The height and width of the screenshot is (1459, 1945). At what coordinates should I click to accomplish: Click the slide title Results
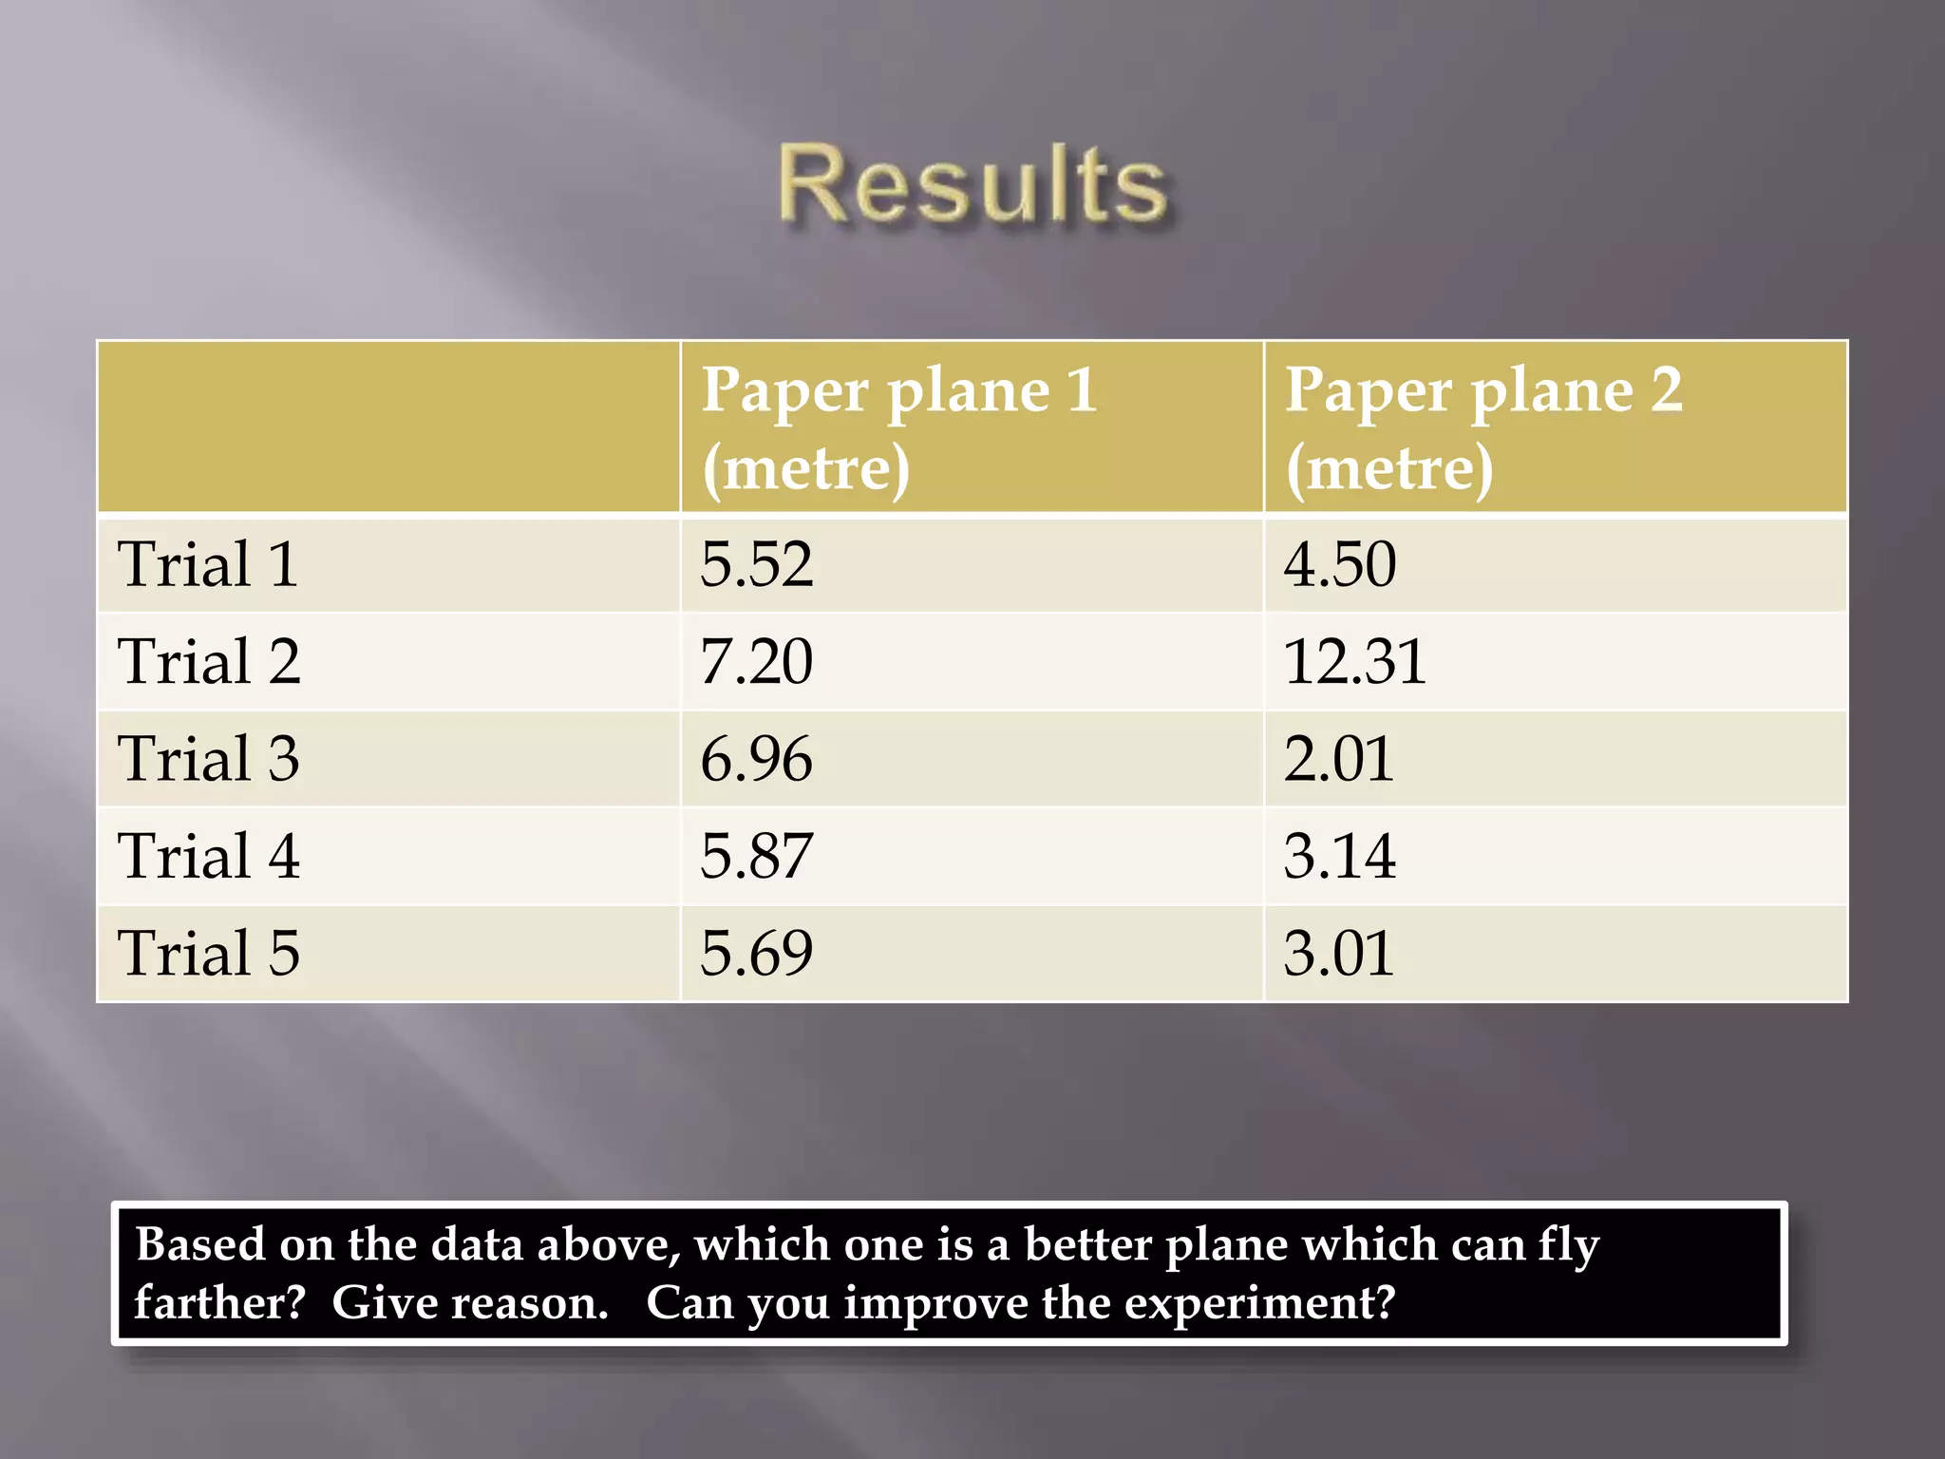coord(972,185)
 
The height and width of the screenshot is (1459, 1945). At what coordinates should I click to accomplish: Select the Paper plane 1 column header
coord(898,427)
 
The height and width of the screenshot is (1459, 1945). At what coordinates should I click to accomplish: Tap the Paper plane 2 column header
coord(1482,427)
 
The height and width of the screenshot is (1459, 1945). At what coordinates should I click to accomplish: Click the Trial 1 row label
coord(208,564)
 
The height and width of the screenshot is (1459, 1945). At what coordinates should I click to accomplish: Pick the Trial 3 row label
coord(208,759)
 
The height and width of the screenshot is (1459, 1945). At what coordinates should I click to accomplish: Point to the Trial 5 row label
coord(208,953)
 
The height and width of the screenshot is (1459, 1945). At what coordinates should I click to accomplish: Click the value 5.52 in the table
coord(756,564)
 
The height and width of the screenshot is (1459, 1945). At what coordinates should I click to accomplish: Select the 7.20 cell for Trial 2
coord(756,662)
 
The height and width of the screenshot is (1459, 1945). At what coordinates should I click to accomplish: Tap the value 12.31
coord(1354,662)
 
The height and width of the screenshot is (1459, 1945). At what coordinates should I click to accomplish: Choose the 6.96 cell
coord(756,759)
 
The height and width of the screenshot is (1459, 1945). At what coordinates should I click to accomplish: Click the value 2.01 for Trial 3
coord(1338,759)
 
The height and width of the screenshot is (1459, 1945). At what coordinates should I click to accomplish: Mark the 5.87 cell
coord(756,856)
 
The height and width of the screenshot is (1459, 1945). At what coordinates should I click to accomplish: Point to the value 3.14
coord(1339,856)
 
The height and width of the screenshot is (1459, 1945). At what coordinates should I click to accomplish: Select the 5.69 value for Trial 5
coord(756,953)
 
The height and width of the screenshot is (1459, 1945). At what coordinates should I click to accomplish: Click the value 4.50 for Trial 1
coord(1339,564)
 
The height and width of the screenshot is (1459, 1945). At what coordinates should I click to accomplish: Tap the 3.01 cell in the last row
coord(1338,953)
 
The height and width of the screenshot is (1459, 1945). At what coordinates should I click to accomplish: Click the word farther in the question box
coord(219,1302)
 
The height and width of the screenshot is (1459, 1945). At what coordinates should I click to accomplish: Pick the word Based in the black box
coord(200,1244)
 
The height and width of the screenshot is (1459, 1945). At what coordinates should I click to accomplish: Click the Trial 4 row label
coord(208,856)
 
